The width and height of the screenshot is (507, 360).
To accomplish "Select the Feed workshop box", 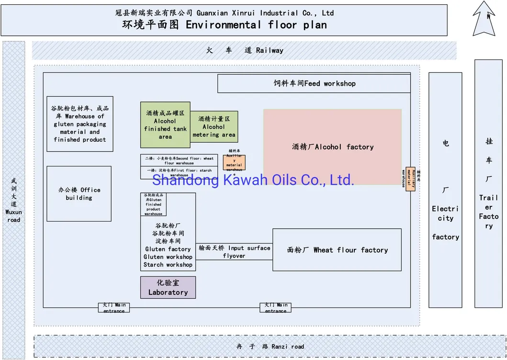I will click(314, 83).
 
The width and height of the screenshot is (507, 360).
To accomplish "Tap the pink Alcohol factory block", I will click(332, 146).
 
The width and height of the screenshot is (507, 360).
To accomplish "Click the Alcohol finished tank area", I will click(165, 124).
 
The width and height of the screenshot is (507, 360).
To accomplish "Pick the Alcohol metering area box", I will click(214, 127).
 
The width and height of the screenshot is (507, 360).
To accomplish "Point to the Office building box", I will click(79, 193).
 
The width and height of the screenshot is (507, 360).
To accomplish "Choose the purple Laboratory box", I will click(168, 287).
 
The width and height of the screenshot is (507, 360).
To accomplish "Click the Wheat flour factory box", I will click(337, 249).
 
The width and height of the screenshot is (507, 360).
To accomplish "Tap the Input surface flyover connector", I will click(234, 252).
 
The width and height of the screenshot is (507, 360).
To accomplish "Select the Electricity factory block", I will click(445, 190).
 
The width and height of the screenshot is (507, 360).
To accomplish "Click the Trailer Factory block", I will click(488, 183).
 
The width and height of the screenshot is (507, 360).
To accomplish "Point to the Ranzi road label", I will click(270, 346).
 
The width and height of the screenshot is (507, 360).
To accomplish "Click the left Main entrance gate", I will click(114, 307).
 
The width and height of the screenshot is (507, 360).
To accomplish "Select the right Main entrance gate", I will click(276, 307).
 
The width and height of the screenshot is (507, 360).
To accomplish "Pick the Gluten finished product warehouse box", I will click(154, 204).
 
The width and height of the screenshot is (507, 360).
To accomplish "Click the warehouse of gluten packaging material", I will click(80, 124).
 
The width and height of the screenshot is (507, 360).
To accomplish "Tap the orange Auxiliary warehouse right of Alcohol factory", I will click(410, 178).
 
